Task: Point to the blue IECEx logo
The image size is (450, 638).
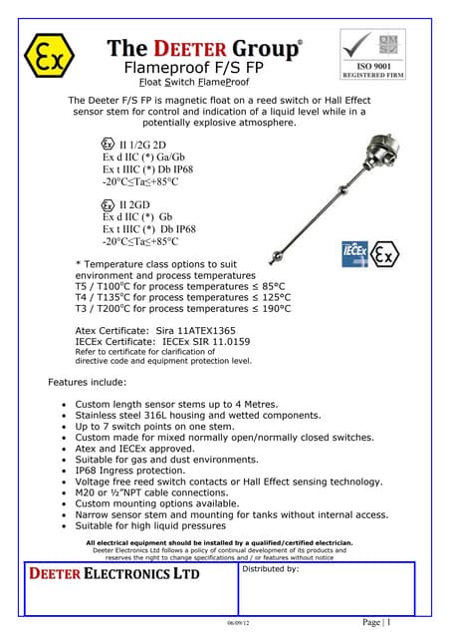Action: [x=356, y=252]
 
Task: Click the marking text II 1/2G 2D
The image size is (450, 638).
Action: [x=146, y=143]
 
